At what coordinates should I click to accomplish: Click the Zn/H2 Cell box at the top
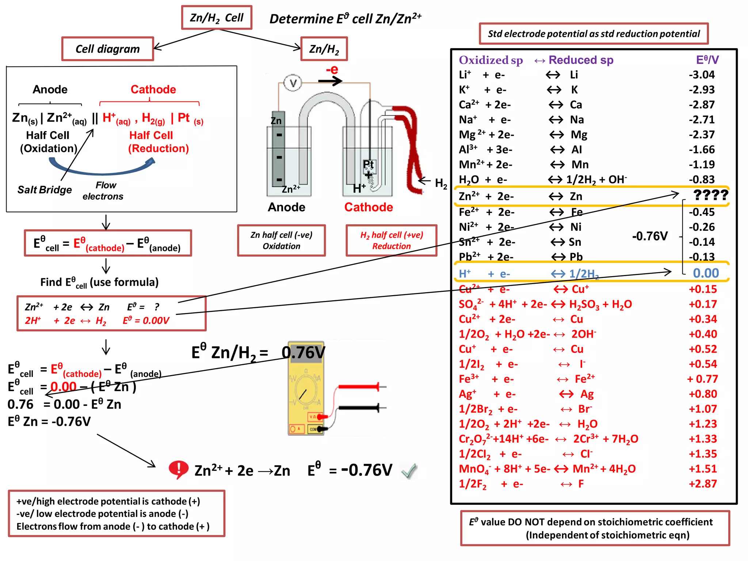(x=217, y=18)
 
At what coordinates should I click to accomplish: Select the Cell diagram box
(x=107, y=49)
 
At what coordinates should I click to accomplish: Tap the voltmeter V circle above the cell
(x=293, y=83)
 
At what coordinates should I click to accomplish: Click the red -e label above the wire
(x=332, y=69)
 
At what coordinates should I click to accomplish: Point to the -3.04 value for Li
(x=702, y=75)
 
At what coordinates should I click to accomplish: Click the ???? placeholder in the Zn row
(x=710, y=195)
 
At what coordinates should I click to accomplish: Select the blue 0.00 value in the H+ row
(x=706, y=273)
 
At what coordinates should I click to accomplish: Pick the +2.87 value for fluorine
(x=703, y=484)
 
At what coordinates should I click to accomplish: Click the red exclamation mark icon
(x=178, y=469)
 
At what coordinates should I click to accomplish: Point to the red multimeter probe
(x=360, y=386)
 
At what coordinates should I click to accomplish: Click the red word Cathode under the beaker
(x=369, y=207)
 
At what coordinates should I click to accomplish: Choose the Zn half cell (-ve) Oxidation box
(x=281, y=240)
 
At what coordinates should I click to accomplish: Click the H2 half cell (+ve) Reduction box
(x=391, y=240)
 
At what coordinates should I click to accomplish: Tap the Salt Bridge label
(x=45, y=190)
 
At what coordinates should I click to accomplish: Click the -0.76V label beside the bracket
(x=650, y=236)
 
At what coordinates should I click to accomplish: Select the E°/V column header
(x=707, y=60)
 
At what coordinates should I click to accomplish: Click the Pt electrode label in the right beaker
(x=369, y=164)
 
